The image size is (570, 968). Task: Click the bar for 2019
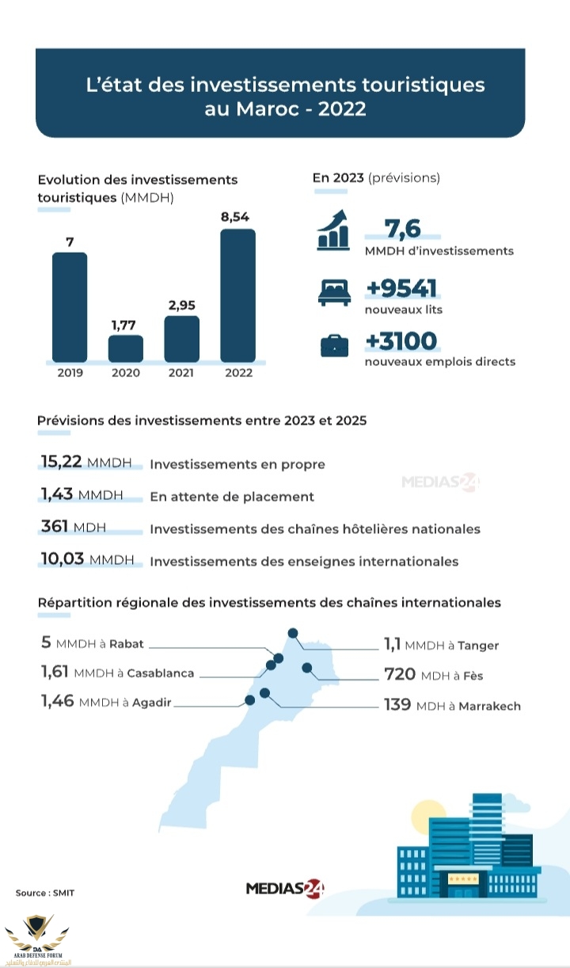point(70,307)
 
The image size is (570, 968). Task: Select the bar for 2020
point(126,348)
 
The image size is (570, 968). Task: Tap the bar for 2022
point(237,295)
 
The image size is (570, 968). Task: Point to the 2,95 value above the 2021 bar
point(181,305)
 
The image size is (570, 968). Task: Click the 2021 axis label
point(181,372)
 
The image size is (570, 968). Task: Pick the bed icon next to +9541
point(333,293)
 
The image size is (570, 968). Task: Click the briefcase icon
point(333,346)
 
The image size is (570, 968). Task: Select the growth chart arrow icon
point(333,230)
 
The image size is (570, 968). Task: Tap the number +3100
point(401,341)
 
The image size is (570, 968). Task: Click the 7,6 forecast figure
point(402,229)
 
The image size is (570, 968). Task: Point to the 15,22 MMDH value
point(87,463)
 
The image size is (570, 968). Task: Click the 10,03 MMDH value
point(87,560)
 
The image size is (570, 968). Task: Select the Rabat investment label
point(93,644)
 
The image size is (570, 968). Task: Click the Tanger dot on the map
point(293,633)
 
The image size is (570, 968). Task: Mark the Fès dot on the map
point(307,668)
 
